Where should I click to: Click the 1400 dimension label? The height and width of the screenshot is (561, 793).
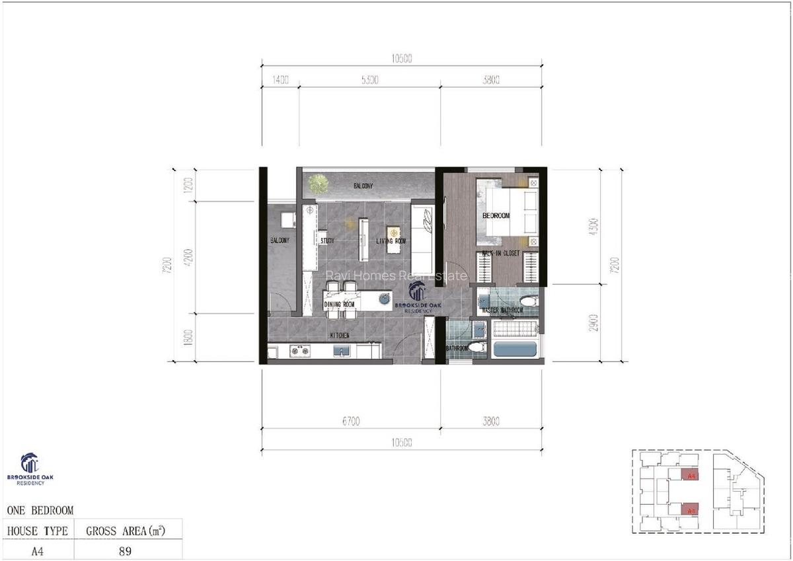point(281,80)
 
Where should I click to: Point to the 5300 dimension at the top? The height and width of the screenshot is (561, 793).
point(369,80)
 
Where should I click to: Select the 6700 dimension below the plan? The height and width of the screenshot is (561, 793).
point(350,421)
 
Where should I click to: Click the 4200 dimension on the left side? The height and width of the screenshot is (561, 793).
point(188,257)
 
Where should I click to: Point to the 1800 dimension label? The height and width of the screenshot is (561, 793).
point(188,337)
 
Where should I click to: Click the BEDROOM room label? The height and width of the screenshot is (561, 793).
point(496,216)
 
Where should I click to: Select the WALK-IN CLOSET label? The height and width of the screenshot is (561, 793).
point(500,253)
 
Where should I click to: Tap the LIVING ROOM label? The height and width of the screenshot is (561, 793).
point(391,241)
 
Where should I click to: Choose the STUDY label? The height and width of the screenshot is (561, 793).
point(327,241)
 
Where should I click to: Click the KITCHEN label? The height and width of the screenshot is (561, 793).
point(340,336)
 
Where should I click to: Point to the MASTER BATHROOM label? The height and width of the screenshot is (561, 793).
point(502,310)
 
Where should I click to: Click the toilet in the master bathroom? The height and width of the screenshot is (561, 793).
point(529,301)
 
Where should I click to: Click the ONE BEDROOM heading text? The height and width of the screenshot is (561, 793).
point(40,510)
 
